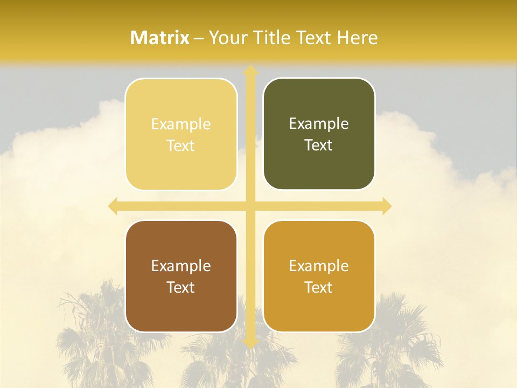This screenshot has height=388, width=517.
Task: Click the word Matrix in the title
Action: tap(160, 38)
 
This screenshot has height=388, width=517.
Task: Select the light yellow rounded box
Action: tap(181, 134)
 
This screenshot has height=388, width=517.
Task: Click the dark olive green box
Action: tap(319, 134)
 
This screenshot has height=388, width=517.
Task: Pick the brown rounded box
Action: tap(181, 276)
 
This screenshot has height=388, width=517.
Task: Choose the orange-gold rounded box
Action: tap(319, 276)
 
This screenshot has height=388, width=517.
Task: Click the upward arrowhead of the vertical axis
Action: tap(250, 71)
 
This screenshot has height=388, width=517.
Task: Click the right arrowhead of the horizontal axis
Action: tap(386, 206)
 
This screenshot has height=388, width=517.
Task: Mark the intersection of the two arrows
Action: tap(250, 206)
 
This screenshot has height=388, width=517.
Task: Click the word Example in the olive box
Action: tap(319, 124)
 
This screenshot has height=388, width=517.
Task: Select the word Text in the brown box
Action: tap(181, 287)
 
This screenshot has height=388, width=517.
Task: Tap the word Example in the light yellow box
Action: tap(181, 124)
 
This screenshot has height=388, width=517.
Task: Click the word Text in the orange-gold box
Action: tap(319, 287)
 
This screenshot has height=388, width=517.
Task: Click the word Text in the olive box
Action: tap(319, 145)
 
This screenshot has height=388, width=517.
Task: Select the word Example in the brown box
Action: tap(181, 266)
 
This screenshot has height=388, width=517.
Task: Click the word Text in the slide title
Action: tap(314, 38)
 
